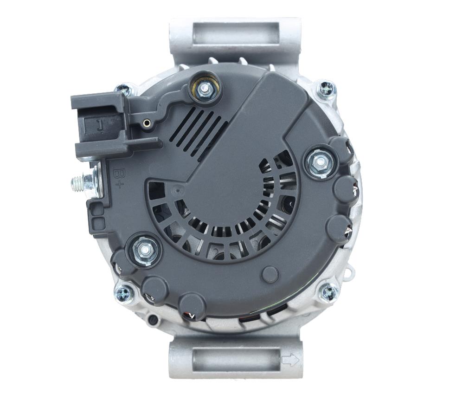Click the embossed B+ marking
tap(118, 179)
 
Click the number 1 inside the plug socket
tap(100, 124)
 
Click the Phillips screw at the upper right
tap(327, 89)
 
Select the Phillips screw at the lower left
tap(123, 293)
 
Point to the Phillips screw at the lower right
tap(328, 292)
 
